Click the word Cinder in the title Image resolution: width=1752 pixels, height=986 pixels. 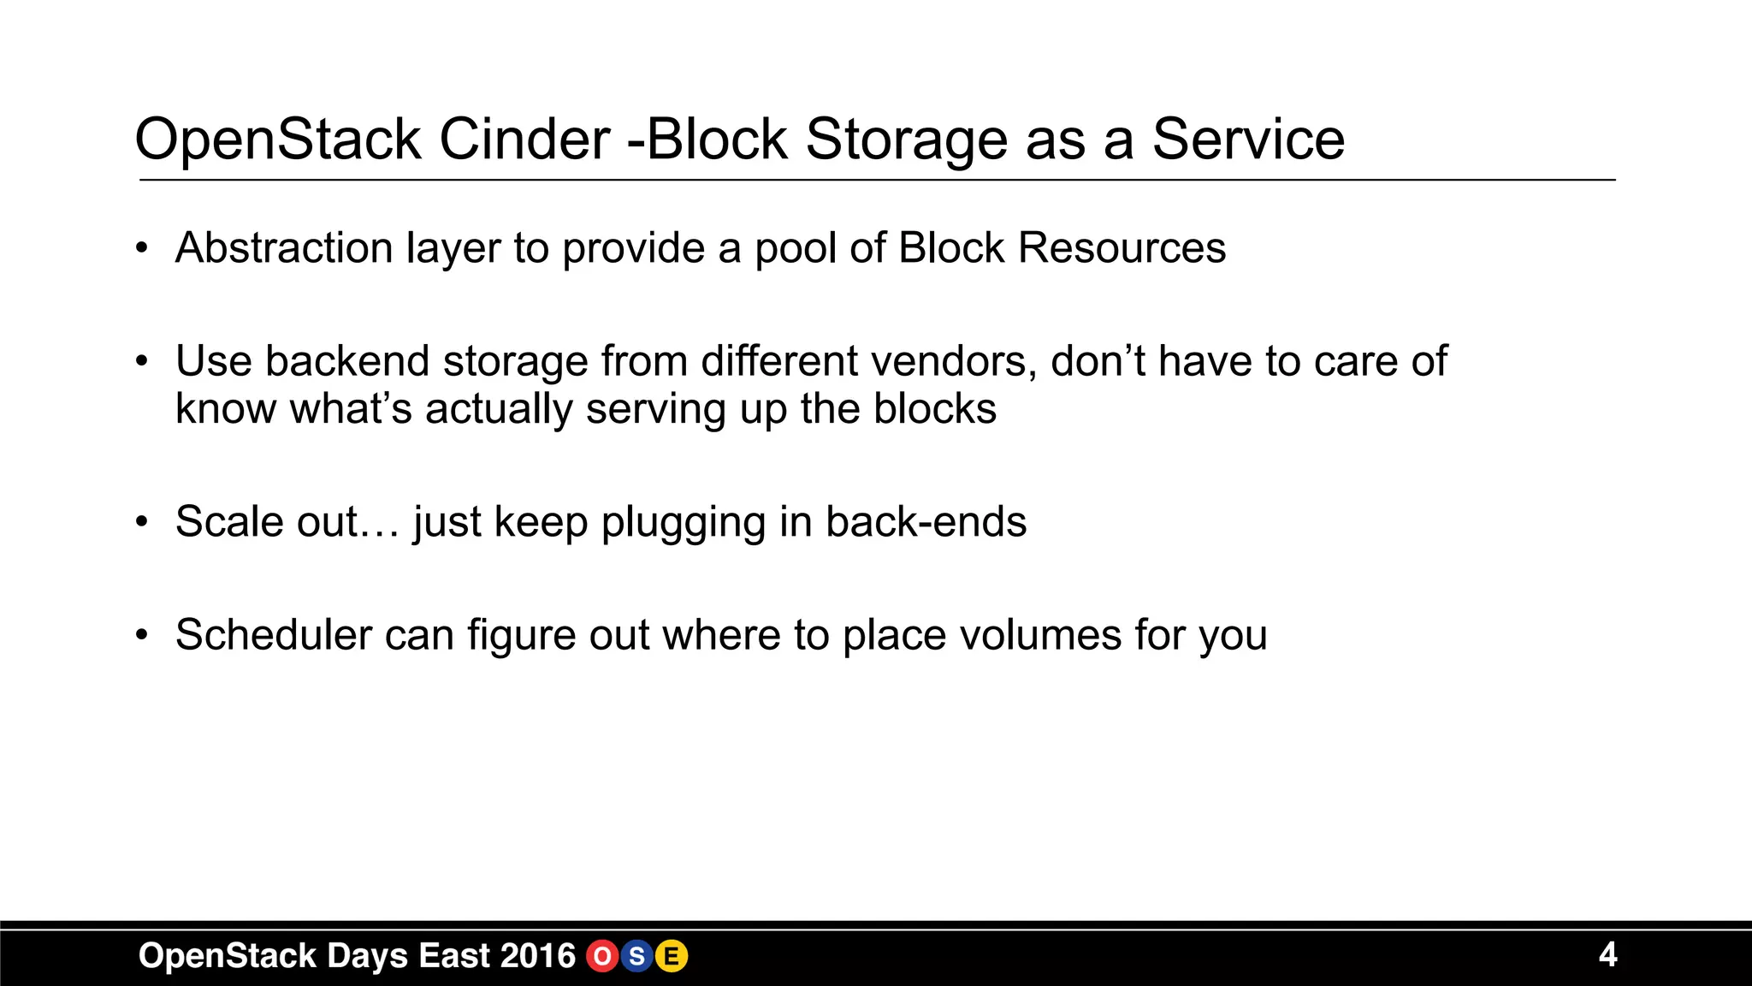click(524, 140)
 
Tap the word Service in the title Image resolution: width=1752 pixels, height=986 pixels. click(1248, 140)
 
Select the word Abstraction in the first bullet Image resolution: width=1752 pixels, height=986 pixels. click(283, 248)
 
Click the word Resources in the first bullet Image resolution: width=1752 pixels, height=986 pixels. click(1122, 248)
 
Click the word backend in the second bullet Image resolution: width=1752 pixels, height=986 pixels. click(346, 361)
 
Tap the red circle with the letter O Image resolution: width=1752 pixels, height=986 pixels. click(602, 956)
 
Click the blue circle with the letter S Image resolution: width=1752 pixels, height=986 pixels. click(636, 956)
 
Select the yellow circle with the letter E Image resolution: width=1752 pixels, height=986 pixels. click(672, 956)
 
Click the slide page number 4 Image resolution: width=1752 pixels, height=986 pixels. click(1607, 954)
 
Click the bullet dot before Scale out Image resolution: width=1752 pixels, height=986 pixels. click(142, 521)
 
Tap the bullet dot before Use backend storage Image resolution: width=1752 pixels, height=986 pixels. click(142, 361)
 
